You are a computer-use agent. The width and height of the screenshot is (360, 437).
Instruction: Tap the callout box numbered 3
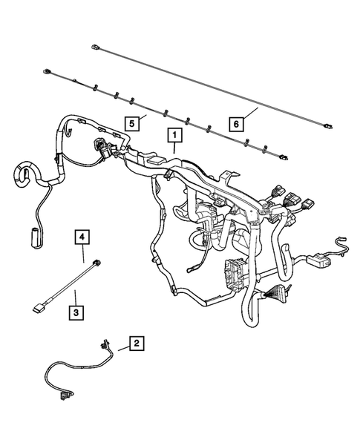[x=76, y=312]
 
